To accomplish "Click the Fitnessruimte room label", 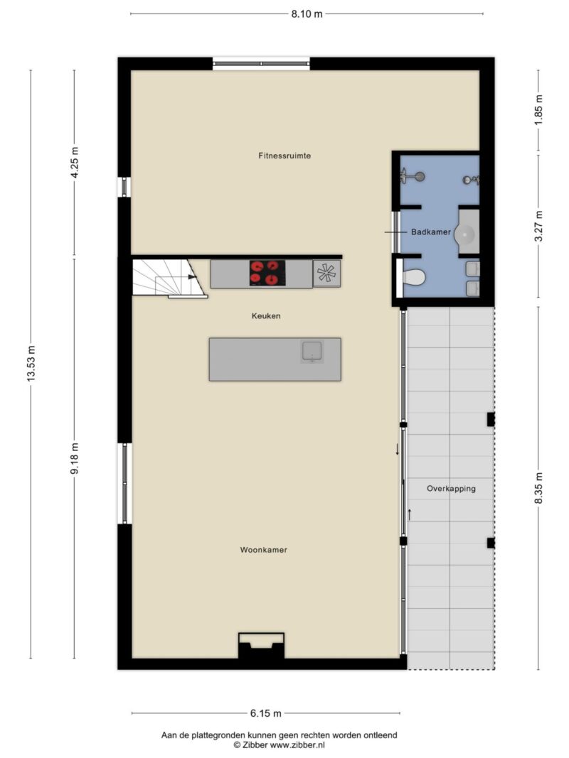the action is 284,156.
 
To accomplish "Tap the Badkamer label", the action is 430,232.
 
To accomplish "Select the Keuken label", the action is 265,316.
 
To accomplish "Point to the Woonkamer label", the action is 264,550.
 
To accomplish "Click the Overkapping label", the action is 451,489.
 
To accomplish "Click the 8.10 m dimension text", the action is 307,13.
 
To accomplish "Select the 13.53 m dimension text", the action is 31,364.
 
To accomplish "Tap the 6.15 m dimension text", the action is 265,713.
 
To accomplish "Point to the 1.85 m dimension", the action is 538,109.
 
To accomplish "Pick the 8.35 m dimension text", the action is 538,488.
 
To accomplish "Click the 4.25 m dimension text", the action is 75,162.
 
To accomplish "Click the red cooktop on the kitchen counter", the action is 267,273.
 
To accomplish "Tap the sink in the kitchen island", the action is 312,352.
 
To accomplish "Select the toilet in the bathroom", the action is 414,278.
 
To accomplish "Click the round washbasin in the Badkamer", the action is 468,232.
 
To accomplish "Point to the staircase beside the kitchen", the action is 169,278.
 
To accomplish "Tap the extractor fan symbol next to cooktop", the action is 326,274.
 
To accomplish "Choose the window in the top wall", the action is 261,64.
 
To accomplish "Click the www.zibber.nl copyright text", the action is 279,745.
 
